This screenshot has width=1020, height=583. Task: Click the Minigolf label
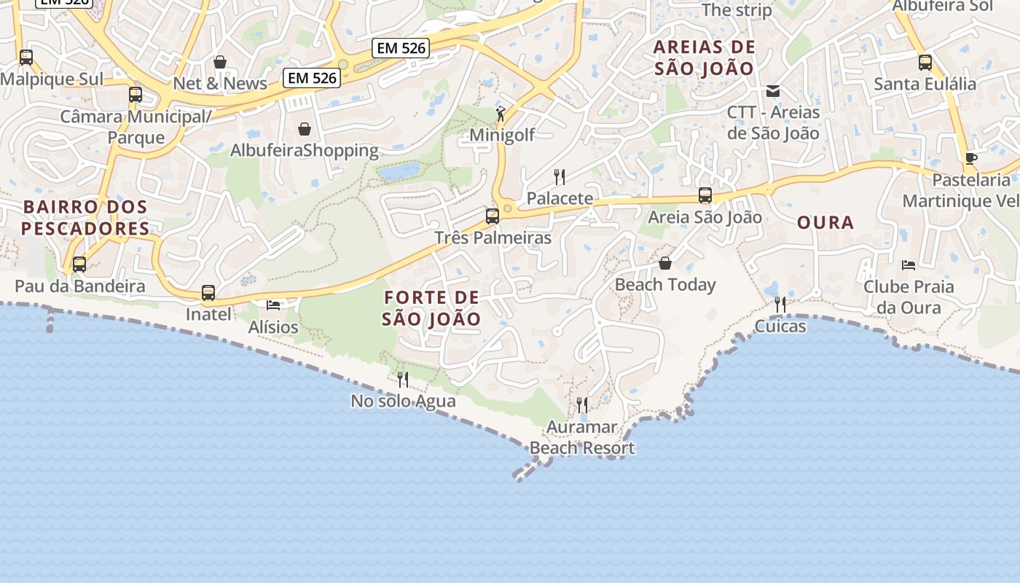pos(502,135)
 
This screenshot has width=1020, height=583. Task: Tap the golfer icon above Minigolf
pos(501,114)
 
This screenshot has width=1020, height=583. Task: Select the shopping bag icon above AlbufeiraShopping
pos(305,129)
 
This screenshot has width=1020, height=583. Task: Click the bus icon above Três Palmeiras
pos(493,216)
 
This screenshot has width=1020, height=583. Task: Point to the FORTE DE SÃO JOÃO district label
pos(431,308)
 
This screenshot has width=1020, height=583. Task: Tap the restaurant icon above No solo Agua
pos(402,379)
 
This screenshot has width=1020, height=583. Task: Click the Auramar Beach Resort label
pos(582,437)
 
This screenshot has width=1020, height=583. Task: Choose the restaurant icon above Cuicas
pos(780,304)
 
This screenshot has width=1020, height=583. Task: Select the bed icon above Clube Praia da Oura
pos(908,265)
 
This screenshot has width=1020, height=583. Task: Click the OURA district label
pos(825,223)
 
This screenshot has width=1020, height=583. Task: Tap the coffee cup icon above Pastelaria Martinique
pos(970,158)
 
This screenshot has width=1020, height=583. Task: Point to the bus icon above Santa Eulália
pos(925,63)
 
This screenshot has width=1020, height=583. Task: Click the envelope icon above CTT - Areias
pos(773,91)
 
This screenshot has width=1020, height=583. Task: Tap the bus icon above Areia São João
pos(705,195)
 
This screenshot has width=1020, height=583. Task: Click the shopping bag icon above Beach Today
pos(664,263)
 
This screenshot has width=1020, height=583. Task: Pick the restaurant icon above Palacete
pos(560,176)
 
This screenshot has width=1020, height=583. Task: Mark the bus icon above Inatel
pos(208,293)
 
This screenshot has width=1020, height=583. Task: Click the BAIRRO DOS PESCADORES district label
pos(85,218)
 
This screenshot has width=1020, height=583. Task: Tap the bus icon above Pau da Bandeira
pos(79,265)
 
